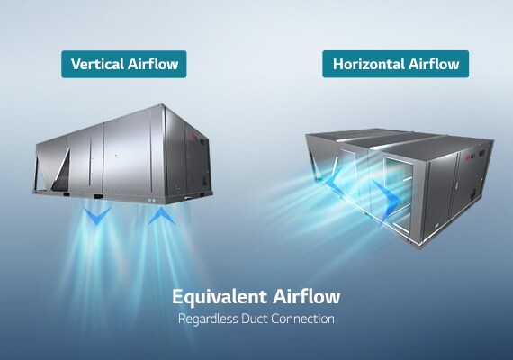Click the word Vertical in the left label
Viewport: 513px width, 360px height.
tap(97, 64)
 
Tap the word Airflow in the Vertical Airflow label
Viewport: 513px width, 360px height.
tap(153, 64)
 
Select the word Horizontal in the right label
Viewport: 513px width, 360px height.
tap(368, 64)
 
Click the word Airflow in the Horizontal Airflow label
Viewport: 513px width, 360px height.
tap(434, 64)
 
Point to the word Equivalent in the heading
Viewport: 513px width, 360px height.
tap(220, 297)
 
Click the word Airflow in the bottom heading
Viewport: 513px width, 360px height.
tap(307, 296)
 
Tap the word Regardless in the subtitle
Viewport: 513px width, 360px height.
tap(208, 319)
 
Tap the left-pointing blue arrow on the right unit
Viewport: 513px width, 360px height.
tap(331, 179)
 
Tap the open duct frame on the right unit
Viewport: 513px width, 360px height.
tap(398, 193)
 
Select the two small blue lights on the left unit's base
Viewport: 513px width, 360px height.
tap(151, 200)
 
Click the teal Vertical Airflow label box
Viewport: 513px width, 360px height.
tap(124, 64)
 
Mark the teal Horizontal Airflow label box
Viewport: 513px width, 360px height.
tap(395, 64)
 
